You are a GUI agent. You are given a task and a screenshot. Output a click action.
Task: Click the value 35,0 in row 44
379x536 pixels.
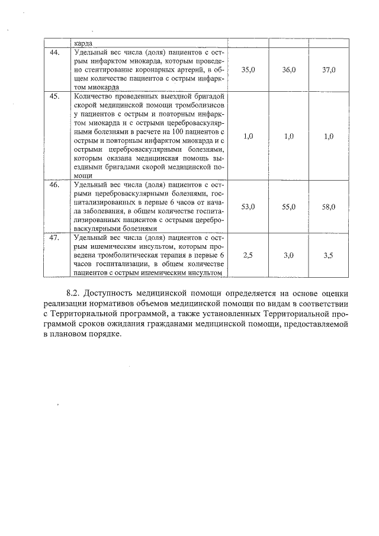coord(249,70)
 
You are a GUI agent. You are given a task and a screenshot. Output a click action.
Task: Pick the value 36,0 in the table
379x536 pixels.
coord(289,70)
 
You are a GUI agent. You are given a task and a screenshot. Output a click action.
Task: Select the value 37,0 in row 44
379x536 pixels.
coord(329,70)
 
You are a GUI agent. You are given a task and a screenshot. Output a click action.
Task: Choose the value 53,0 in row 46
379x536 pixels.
coord(249,207)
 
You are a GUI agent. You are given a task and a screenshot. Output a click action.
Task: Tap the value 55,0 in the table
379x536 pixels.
coord(289,207)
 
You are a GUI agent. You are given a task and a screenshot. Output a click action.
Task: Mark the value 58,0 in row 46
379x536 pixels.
coord(329,207)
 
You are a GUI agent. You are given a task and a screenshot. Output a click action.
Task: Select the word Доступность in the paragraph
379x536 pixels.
coord(109,293)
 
